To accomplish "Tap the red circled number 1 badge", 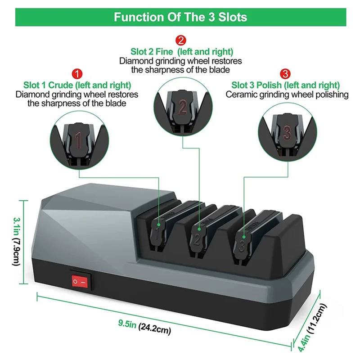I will (x=77, y=73).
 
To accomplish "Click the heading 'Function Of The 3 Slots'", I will (x=180, y=18).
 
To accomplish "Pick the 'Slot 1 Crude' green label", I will (x=77, y=85).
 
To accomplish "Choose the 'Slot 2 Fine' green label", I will (x=182, y=52).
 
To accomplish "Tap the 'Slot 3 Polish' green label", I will (x=285, y=85).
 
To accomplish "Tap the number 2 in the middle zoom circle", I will (x=182, y=107).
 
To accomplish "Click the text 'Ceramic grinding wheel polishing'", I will (x=287, y=94).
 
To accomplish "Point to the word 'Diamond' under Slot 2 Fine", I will (x=134, y=61).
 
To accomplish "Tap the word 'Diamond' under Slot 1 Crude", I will (x=30, y=94).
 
